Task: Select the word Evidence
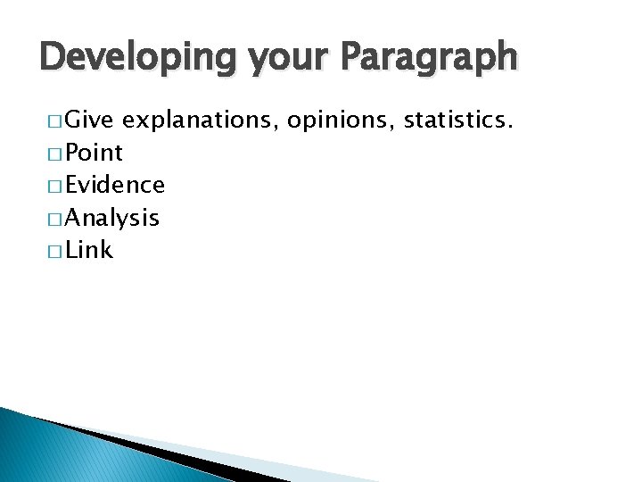pyautogui.click(x=114, y=186)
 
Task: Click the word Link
pyautogui.click(x=89, y=251)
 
